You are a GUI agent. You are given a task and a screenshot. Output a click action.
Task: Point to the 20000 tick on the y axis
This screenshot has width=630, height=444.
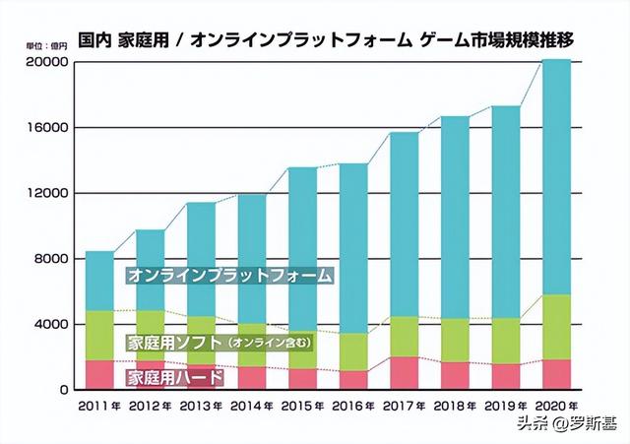(46, 62)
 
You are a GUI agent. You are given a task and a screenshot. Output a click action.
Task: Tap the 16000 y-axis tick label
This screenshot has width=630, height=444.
(46, 128)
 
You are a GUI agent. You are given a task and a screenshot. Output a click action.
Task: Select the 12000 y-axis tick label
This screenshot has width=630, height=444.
(46, 193)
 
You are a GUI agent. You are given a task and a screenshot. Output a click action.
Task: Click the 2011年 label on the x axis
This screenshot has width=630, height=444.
(100, 405)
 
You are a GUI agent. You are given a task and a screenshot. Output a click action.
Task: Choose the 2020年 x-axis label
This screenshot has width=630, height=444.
(557, 405)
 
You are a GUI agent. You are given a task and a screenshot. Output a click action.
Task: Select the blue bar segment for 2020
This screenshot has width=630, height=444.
(557, 177)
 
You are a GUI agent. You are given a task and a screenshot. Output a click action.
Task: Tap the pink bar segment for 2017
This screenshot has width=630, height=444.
(405, 373)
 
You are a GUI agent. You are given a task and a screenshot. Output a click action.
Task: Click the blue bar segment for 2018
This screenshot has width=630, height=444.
(456, 217)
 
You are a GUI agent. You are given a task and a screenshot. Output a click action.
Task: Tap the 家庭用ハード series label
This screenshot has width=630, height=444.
(174, 376)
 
